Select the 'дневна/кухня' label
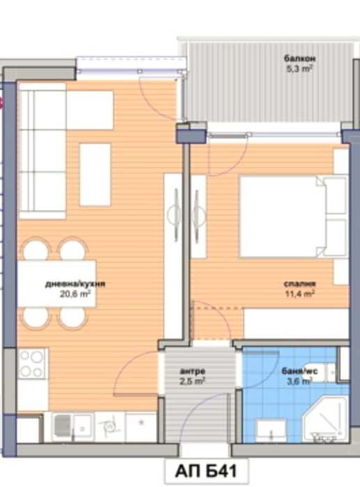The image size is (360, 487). pyautogui.click(x=70, y=285)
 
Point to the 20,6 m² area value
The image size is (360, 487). pyautogui.click(x=77, y=294)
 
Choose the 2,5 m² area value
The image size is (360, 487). pyautogui.click(x=192, y=381)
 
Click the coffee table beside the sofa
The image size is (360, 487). pyautogui.click(x=95, y=174)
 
